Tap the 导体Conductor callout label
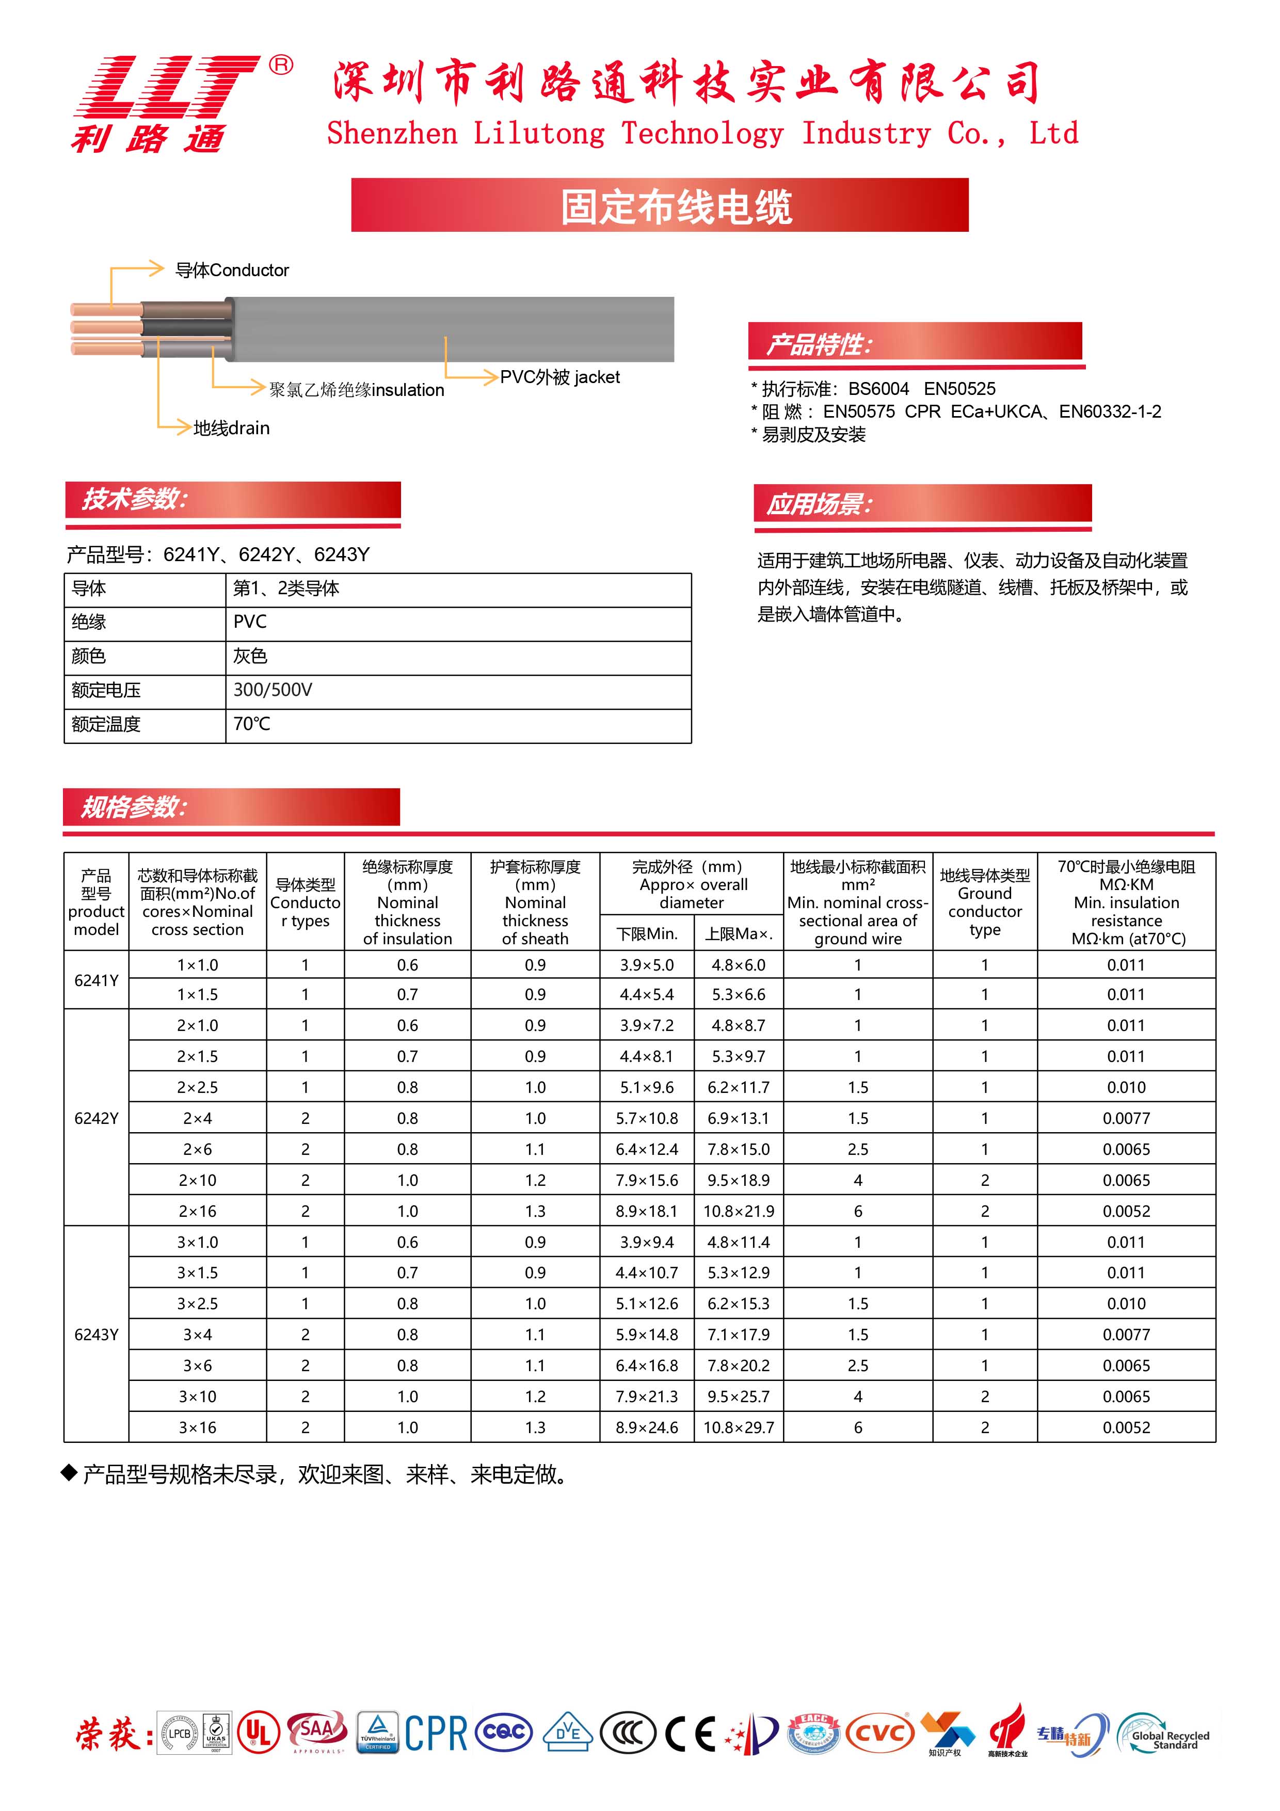pyautogui.click(x=232, y=271)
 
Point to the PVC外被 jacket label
pyautogui.click(x=560, y=377)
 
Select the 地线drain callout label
pyautogui.click(x=231, y=428)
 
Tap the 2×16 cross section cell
pyautogui.click(x=197, y=1211)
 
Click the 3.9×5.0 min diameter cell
pyautogui.click(x=647, y=965)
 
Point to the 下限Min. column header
pyautogui.click(x=647, y=934)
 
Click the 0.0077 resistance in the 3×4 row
pyautogui.click(x=1126, y=1335)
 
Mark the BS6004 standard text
pyautogui.click(x=878, y=389)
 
